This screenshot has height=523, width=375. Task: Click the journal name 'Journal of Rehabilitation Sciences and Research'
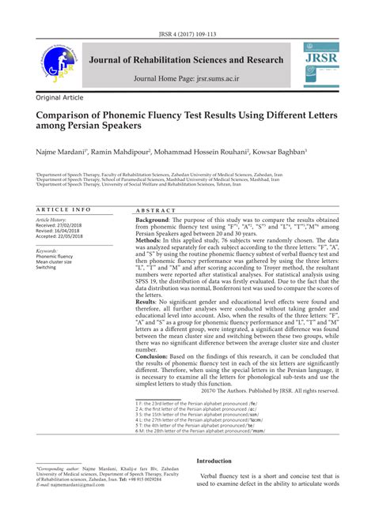(x=187, y=60)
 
